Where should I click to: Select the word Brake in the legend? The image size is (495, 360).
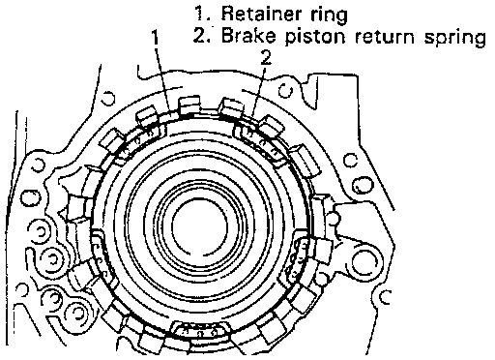(x=248, y=35)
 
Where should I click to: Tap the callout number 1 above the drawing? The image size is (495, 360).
(x=156, y=37)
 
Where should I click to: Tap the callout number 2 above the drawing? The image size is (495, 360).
(x=266, y=58)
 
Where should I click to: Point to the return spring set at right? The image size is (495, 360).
(x=297, y=258)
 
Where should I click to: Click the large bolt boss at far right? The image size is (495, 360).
(x=364, y=261)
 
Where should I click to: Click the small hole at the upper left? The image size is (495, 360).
(x=107, y=98)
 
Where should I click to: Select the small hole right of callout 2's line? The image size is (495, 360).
(x=285, y=90)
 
